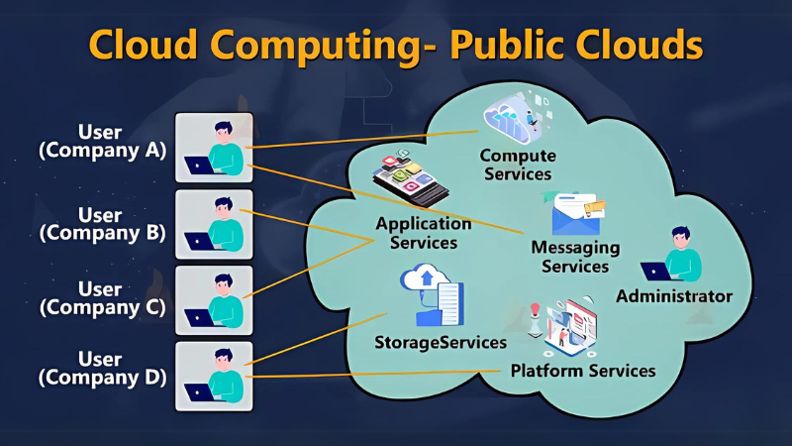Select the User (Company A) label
point(101,141)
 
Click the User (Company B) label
point(101,224)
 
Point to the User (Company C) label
point(101,298)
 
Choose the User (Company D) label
point(101,368)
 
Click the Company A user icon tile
point(214,148)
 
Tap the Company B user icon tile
point(214,225)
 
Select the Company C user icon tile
point(214,300)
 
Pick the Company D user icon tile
point(214,376)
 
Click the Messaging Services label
point(575,256)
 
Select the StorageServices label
point(441,342)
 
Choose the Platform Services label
point(583,371)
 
